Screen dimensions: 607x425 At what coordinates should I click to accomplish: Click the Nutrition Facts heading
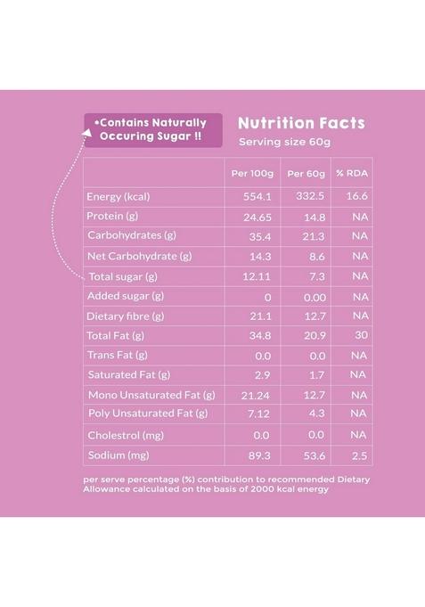pos(301,123)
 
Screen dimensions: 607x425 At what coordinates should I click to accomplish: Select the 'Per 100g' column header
pos(252,172)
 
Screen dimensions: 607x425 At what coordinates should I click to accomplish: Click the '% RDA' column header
pos(351,172)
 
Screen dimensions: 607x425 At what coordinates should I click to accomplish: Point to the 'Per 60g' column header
pos(306,172)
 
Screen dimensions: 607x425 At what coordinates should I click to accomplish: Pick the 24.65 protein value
pos(254,217)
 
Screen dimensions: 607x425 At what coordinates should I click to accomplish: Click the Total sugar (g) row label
pos(123,276)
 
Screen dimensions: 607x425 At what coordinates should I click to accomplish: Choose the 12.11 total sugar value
pos(256,276)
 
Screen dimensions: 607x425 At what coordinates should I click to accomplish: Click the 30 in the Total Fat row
pos(360,336)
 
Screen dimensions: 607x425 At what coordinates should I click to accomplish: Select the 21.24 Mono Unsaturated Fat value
pos(255,395)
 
